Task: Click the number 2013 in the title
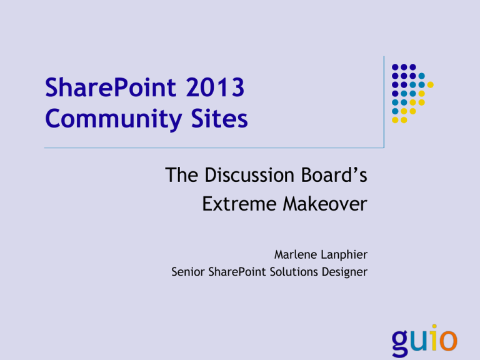point(215,87)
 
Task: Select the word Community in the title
point(114,119)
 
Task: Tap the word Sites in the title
point(219,118)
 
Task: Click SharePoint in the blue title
point(111,87)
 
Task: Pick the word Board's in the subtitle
point(334,175)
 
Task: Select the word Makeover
point(325,204)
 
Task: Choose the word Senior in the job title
point(187,272)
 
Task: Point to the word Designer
point(344,272)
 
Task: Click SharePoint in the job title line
point(237,272)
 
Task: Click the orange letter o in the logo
point(449,340)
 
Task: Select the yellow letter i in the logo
point(435,337)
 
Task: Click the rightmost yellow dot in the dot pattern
point(430,85)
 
